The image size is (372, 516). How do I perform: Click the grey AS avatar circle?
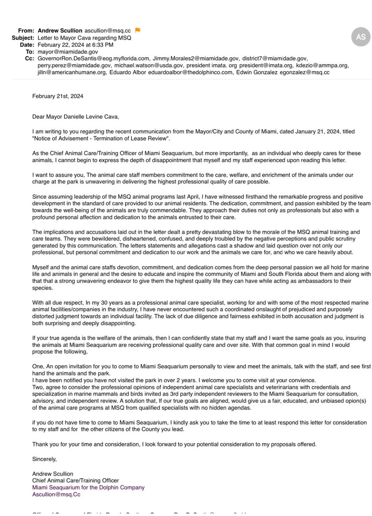360,37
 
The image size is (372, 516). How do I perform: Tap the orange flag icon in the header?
138,30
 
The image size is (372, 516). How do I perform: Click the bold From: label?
26,31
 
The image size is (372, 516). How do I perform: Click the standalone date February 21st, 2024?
58,96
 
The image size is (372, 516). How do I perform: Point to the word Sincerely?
44,459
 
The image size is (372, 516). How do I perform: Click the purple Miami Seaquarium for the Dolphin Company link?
88,487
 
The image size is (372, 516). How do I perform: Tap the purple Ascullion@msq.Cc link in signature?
56,494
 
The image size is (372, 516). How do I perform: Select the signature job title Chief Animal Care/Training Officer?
75,480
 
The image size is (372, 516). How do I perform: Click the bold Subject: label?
23,37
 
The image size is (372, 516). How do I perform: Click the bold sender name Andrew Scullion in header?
59,31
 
